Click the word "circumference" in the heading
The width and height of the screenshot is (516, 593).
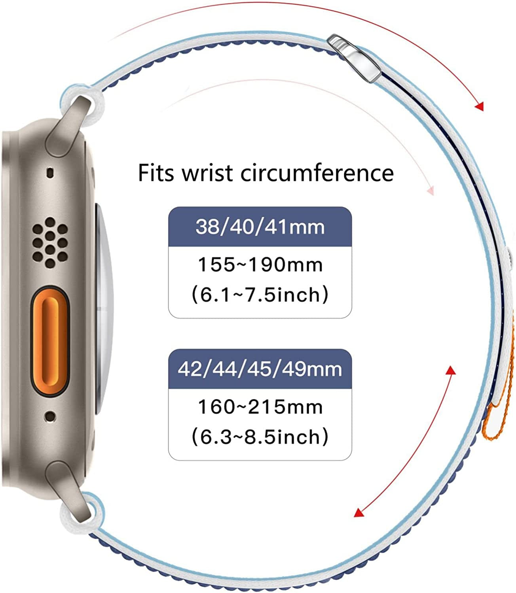[317, 173]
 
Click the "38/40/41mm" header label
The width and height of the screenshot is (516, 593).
[260, 227]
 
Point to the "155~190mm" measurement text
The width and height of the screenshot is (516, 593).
[260, 264]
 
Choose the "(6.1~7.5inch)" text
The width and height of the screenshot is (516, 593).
[260, 295]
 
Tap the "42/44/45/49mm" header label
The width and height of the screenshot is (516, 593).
[260, 369]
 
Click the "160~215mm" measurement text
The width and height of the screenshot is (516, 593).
[260, 407]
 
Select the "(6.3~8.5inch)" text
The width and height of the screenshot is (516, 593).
[260, 437]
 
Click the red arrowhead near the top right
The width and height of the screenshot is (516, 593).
[479, 106]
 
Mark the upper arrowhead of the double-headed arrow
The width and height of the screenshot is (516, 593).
[451, 370]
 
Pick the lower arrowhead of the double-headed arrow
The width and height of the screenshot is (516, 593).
[359, 512]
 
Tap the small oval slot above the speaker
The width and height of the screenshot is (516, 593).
[50, 172]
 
